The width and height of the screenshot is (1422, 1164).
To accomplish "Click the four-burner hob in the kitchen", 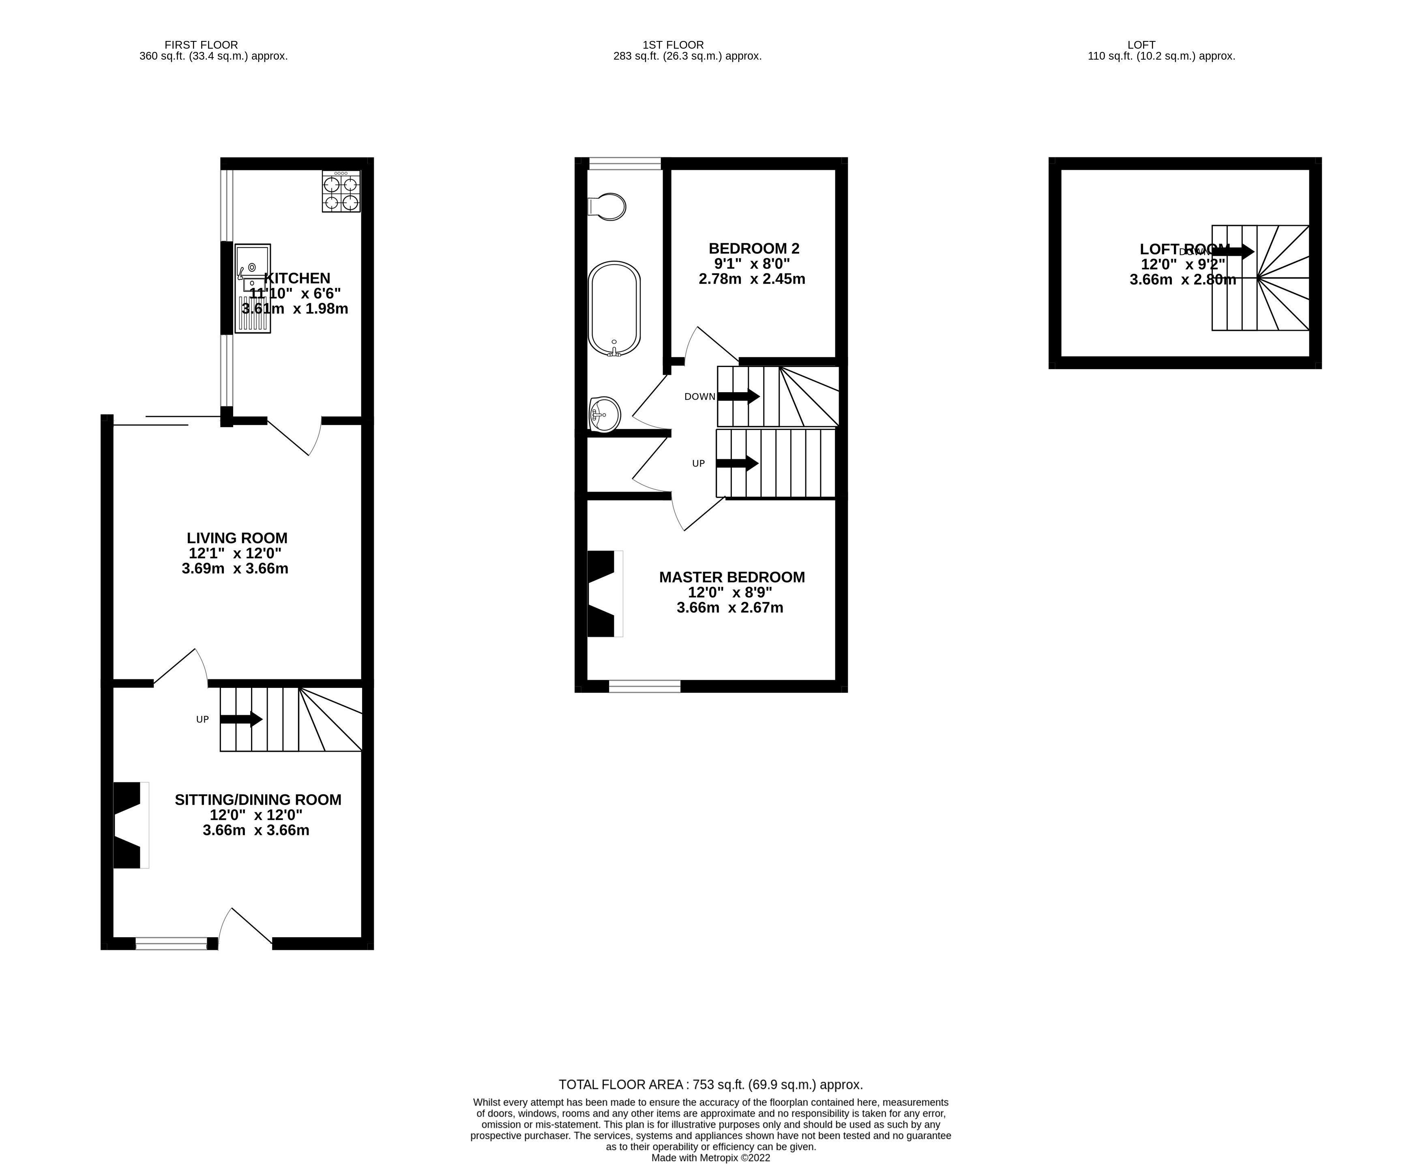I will pos(341,192).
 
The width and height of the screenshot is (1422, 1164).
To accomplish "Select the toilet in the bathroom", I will pos(607,206).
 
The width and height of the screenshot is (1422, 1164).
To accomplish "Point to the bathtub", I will pos(614,308).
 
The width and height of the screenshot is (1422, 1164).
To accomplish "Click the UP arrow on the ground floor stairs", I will pos(241,719).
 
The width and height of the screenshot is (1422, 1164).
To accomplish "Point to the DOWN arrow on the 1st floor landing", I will pos(738,396).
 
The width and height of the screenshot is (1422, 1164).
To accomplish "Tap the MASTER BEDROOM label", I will pos(731,577).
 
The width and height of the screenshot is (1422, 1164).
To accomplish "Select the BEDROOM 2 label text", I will pos(753,249).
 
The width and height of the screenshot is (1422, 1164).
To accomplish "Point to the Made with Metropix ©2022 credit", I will pos(711,1157).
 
